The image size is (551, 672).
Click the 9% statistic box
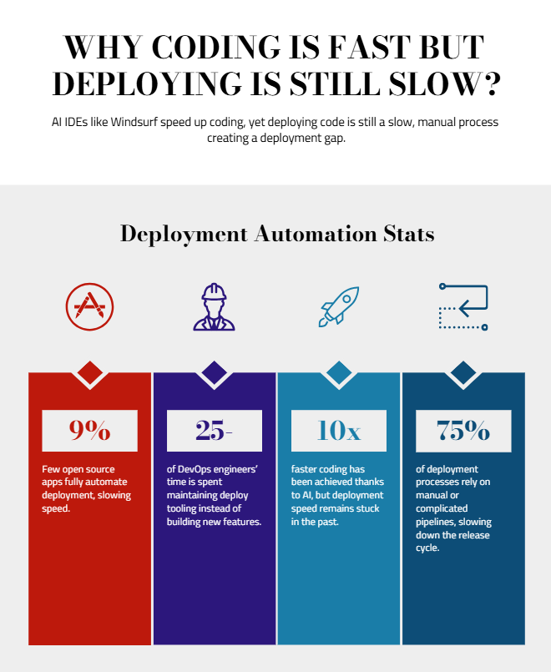point(89,431)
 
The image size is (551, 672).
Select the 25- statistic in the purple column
point(215,431)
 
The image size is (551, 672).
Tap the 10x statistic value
point(339,431)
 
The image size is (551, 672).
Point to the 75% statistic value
point(463,431)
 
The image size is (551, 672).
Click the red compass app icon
point(89,306)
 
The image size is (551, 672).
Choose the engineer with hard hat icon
point(215,306)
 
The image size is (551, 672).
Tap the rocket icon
point(339,306)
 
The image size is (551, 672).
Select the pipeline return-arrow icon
point(463,306)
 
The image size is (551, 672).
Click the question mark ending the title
point(492,85)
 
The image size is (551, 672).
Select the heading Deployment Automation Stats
point(277,233)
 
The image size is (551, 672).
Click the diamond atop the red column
point(89,372)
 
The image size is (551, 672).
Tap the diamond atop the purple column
point(215,372)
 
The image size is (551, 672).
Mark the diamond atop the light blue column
point(339,372)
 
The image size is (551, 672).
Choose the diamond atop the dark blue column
point(463,372)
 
